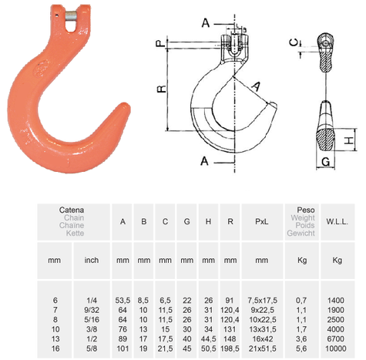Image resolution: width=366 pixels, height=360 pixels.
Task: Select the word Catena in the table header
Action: click(x=72, y=209)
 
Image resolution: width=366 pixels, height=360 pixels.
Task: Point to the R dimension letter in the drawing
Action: click(x=160, y=89)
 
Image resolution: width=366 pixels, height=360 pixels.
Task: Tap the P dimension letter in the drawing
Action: click(x=160, y=44)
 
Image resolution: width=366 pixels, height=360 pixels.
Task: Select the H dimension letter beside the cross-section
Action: click(x=349, y=140)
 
